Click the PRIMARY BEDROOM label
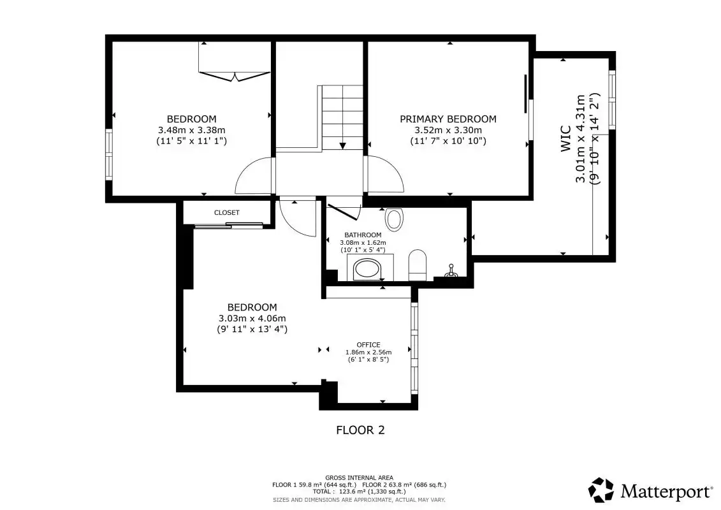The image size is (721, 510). (448, 119)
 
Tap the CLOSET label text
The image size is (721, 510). (227, 212)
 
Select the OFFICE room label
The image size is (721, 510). (368, 344)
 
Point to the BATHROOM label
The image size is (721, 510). (363, 235)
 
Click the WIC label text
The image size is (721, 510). (565, 138)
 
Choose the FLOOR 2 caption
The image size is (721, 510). (360, 430)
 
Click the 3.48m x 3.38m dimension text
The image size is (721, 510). (192, 130)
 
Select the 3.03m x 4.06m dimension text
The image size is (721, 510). (252, 318)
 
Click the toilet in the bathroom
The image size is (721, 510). (418, 265)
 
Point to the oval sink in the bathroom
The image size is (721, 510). (394, 219)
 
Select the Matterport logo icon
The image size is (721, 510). (601, 490)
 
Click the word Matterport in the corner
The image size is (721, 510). (665, 492)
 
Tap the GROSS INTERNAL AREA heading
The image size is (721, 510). (359, 478)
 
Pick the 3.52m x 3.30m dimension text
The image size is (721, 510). (448, 130)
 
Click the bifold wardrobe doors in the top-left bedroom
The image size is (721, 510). (235, 76)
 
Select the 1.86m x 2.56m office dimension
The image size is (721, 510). (368, 353)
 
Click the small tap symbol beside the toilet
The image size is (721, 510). (451, 272)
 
